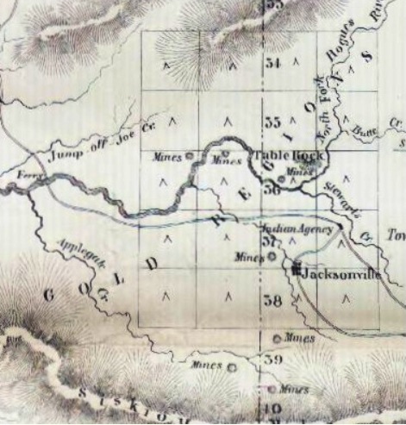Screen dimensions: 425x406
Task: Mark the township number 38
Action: point(273,301)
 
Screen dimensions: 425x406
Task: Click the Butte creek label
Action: point(366,131)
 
